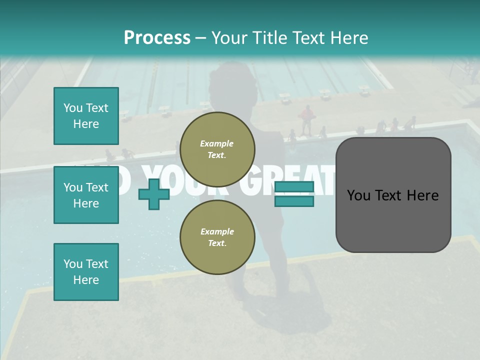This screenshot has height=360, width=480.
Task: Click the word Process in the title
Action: (x=157, y=38)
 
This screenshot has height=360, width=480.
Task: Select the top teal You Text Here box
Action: (x=86, y=116)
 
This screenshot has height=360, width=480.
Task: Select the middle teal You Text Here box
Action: (x=86, y=195)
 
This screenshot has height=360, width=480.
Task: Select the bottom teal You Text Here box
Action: (x=86, y=272)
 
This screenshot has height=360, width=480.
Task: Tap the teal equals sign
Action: (x=294, y=194)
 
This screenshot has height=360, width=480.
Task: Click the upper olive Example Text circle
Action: (x=217, y=149)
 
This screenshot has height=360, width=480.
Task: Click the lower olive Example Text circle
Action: (x=217, y=237)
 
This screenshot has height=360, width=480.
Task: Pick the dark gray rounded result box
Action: (x=393, y=195)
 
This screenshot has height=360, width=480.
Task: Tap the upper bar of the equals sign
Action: (x=294, y=187)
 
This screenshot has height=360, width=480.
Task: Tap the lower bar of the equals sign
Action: (x=294, y=201)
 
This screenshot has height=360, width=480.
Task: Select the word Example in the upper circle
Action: (x=217, y=143)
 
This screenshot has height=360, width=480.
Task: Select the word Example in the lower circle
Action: (x=217, y=231)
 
